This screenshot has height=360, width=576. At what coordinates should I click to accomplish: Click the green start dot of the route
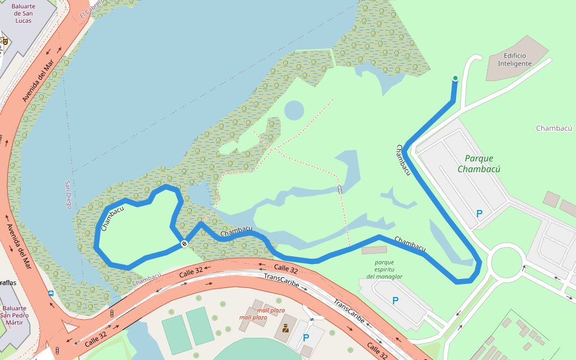(x=455, y=78)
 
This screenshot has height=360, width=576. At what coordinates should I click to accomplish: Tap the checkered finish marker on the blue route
(x=184, y=243)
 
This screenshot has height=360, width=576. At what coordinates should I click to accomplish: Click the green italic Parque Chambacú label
(x=479, y=163)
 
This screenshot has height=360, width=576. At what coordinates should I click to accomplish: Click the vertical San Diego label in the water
(x=68, y=195)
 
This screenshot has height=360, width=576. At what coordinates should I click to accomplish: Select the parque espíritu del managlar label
(x=384, y=269)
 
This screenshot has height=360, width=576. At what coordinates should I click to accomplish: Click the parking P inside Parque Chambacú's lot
(x=479, y=213)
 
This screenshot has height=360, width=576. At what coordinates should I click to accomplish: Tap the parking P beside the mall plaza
(x=306, y=338)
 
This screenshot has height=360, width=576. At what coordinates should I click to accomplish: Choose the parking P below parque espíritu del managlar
(x=395, y=300)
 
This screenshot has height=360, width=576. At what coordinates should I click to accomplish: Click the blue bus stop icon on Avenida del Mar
(x=51, y=293)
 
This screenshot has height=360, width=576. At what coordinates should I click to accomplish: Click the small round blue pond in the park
(x=293, y=110)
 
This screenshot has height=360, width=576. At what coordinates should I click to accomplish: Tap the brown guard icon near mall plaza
(x=286, y=328)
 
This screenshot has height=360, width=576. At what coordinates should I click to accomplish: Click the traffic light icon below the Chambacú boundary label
(x=112, y=313)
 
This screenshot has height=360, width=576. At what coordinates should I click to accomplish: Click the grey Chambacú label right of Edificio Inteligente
(x=554, y=128)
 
